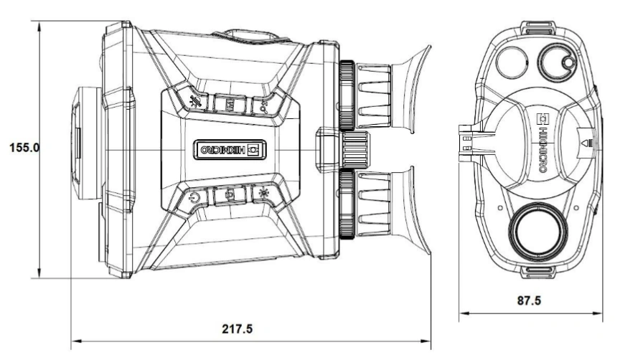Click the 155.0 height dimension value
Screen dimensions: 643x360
[x=24, y=147]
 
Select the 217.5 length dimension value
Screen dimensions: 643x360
[x=238, y=329]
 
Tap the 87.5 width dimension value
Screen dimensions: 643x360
[x=529, y=300]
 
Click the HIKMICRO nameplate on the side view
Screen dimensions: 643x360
[x=230, y=149]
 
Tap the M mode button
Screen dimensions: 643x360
[x=230, y=105]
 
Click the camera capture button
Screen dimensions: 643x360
[x=230, y=195]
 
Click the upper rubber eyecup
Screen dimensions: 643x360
[x=410, y=89]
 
